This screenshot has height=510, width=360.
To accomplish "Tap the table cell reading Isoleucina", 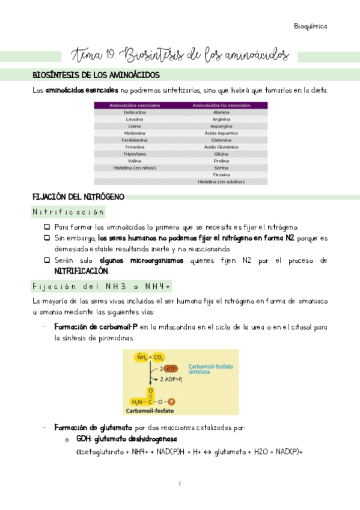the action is pyautogui.click(x=133, y=112).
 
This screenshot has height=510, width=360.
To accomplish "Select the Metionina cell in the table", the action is pyautogui.click(x=133, y=133).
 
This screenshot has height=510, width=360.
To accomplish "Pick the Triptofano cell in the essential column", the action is pyautogui.click(x=133, y=153).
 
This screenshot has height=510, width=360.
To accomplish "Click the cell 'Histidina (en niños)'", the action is pyautogui.click(x=133, y=167).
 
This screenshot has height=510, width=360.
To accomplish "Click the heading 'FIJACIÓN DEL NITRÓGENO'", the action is pyautogui.click(x=78, y=197).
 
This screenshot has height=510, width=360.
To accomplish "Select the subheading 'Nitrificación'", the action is pyautogui.click(x=69, y=212).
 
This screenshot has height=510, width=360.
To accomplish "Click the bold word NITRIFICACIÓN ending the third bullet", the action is pyautogui.click(x=78, y=271).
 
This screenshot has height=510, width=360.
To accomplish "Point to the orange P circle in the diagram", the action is pyautogui.click(x=171, y=401).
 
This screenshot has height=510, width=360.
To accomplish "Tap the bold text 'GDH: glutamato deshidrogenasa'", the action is pyautogui.click(x=126, y=439).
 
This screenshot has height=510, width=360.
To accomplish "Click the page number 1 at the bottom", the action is pyautogui.click(x=180, y=484).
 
